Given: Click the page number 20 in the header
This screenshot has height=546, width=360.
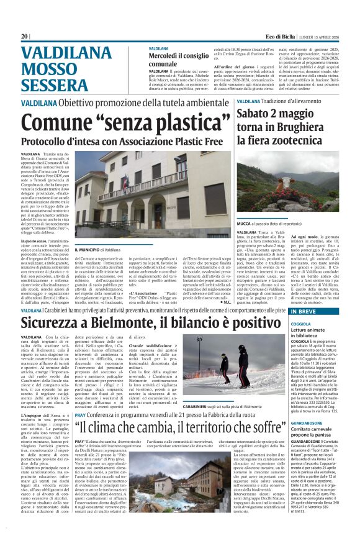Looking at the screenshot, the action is [25, 37].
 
